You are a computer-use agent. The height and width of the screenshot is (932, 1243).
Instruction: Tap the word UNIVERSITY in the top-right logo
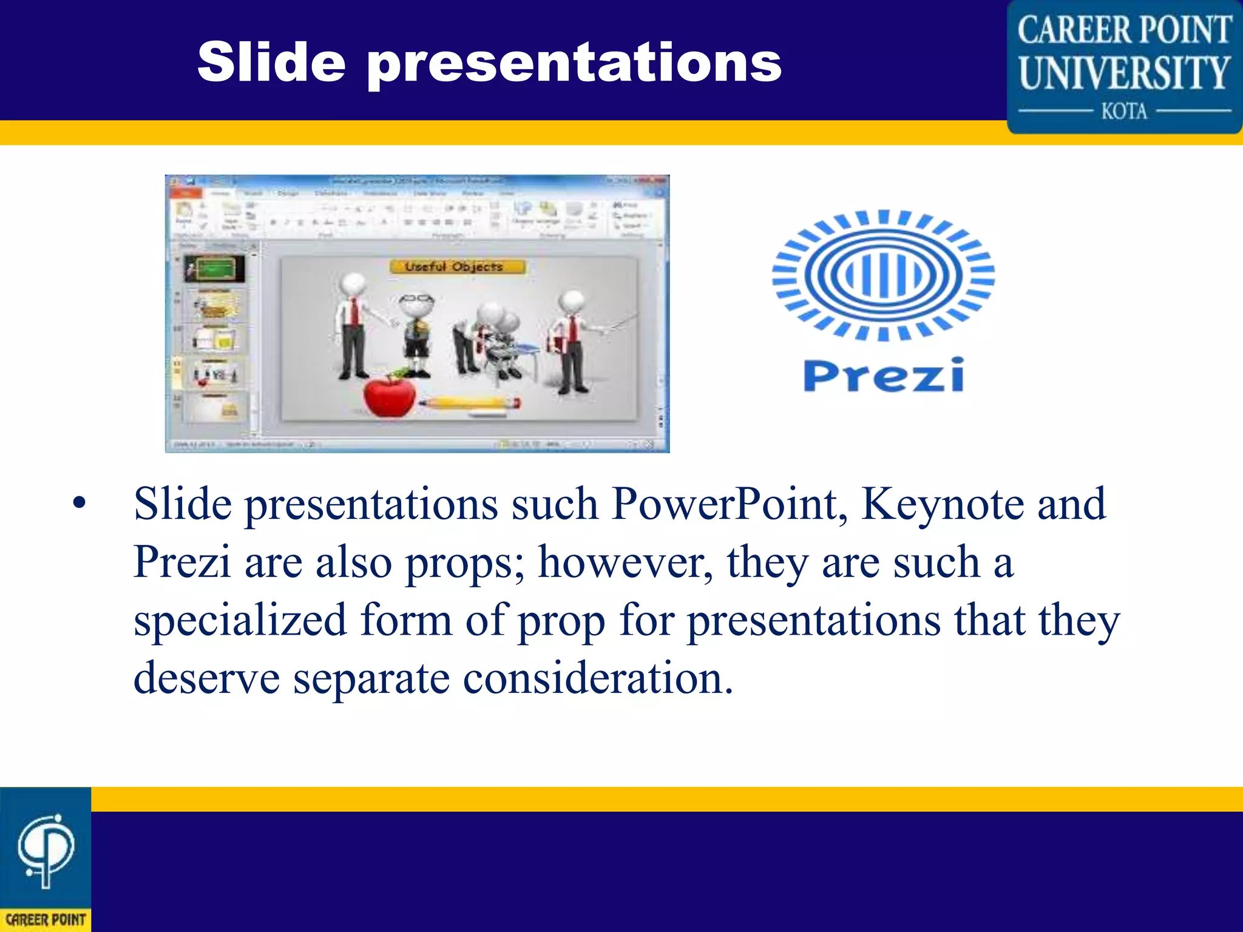coord(1124,73)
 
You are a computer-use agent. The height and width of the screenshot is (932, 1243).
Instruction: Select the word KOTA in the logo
coord(1124,112)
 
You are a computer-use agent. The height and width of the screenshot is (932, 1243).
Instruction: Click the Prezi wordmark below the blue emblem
coord(884,376)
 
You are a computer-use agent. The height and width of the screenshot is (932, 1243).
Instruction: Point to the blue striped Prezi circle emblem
coord(883,275)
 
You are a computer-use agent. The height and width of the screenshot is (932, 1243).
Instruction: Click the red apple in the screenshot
coord(389,395)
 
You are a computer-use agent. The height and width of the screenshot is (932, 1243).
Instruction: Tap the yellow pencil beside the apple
coord(469,402)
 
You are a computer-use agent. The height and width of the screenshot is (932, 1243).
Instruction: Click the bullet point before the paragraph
coord(80,503)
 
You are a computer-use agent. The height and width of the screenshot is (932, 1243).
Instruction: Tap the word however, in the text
coord(625,562)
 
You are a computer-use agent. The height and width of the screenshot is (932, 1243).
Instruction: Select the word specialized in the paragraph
coord(240,620)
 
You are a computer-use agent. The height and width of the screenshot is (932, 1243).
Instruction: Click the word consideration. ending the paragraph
coord(598,678)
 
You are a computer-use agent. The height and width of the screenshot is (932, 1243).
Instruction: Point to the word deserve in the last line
coord(206,678)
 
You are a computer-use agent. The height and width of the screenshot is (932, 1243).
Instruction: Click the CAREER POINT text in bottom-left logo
coord(46,919)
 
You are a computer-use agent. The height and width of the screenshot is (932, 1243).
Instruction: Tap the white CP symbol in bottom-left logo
coord(46,849)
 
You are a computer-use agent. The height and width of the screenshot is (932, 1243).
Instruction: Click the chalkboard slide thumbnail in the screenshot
coord(214,268)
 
